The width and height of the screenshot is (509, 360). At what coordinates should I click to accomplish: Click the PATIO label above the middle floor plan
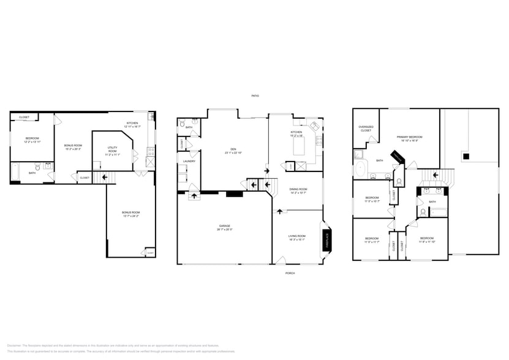click(255, 96)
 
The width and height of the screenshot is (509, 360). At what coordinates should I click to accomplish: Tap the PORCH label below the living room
click(290, 273)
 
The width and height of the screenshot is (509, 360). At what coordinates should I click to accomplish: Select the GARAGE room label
click(224, 227)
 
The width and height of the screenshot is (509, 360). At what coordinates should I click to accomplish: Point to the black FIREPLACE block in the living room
click(327, 241)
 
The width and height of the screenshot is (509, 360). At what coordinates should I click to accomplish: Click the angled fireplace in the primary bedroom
click(398, 157)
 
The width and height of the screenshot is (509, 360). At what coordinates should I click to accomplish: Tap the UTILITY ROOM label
click(112, 149)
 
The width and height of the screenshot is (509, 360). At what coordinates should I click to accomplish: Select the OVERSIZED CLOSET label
click(366, 129)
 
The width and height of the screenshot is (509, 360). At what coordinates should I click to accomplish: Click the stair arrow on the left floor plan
click(105, 178)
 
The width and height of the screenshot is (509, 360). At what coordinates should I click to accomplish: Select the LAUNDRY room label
click(189, 161)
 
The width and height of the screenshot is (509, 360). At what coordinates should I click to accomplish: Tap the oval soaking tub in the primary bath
click(360, 167)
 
